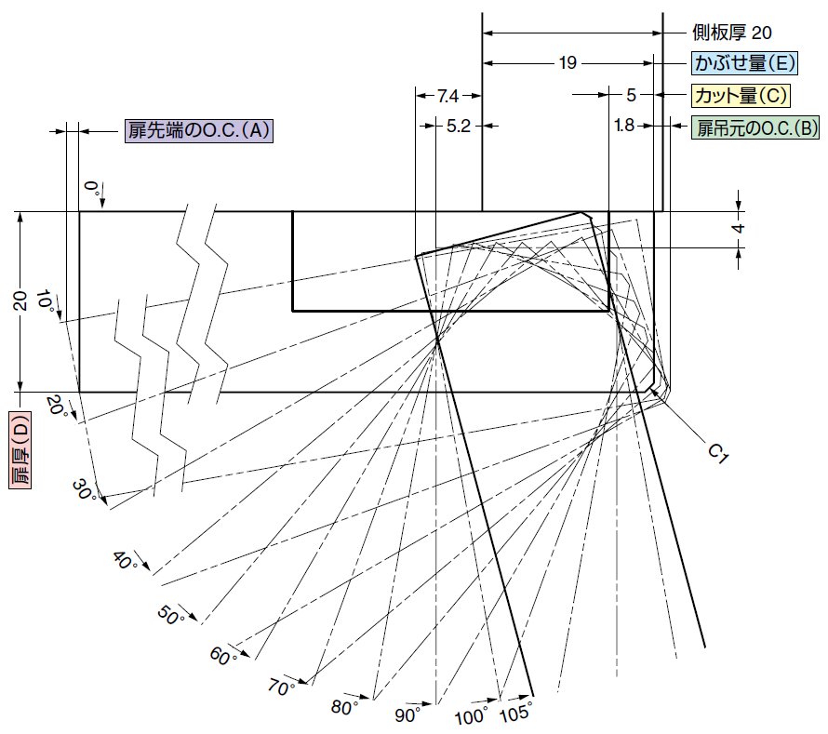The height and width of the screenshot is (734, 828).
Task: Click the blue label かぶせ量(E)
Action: pyautogui.click(x=744, y=63)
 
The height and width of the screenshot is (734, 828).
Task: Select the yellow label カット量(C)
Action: pyautogui.click(x=741, y=96)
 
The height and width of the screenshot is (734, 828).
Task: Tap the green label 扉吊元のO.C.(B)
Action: pyautogui.click(x=755, y=127)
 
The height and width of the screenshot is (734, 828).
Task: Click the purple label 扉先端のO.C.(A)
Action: pyautogui.click(x=199, y=130)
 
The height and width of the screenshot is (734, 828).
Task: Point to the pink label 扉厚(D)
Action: pyautogui.click(x=20, y=450)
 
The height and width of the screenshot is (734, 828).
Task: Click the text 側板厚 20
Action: pyautogui.click(x=732, y=33)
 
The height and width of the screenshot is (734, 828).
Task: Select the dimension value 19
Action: pyautogui.click(x=568, y=63)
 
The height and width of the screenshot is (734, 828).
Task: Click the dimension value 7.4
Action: pyautogui.click(x=447, y=96)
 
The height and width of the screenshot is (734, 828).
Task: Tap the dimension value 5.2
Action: pyautogui.click(x=459, y=127)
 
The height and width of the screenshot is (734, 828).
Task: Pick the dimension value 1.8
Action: pyautogui.click(x=624, y=126)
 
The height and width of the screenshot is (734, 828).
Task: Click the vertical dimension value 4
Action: pyautogui.click(x=739, y=229)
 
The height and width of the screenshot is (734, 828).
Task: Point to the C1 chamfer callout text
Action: pyautogui.click(x=717, y=453)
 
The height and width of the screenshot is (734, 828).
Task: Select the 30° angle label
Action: pyautogui.click(x=84, y=490)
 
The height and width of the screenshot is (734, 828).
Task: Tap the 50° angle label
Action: pyautogui.click(x=170, y=615)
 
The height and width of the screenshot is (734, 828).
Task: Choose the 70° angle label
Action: pyautogui.click(x=280, y=687)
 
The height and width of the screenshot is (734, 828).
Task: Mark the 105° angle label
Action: pyautogui.click(x=516, y=713)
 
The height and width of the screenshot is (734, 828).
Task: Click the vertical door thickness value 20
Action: pyautogui.click(x=20, y=301)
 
